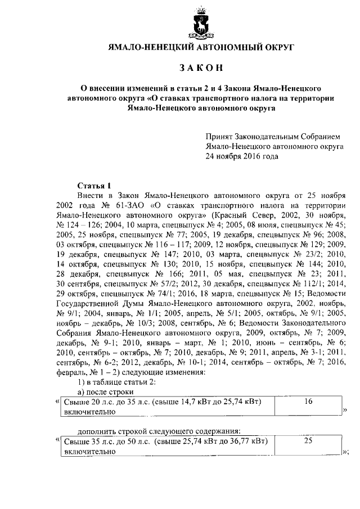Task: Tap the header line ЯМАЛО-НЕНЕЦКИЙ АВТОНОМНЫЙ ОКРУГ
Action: tap(201, 48)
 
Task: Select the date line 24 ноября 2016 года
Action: tap(242, 157)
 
